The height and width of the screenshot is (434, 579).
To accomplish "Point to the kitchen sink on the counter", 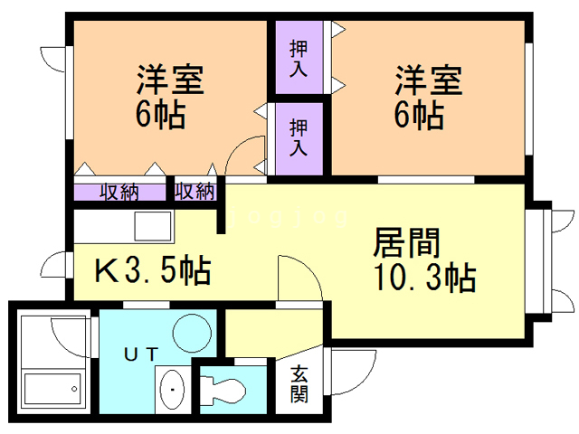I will click(150, 224).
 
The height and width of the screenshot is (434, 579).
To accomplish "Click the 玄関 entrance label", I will click(299, 384).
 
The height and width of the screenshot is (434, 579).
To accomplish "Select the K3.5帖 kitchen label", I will click(154, 269).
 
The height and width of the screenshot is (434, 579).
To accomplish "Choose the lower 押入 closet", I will click(298, 132).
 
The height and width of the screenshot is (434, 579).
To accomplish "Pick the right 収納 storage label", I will click(195, 192).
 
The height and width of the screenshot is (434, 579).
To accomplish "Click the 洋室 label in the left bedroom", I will click(170, 80).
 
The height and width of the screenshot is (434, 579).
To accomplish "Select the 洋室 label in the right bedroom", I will click(427, 80).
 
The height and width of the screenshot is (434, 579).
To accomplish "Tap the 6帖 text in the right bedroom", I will click(418, 115).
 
